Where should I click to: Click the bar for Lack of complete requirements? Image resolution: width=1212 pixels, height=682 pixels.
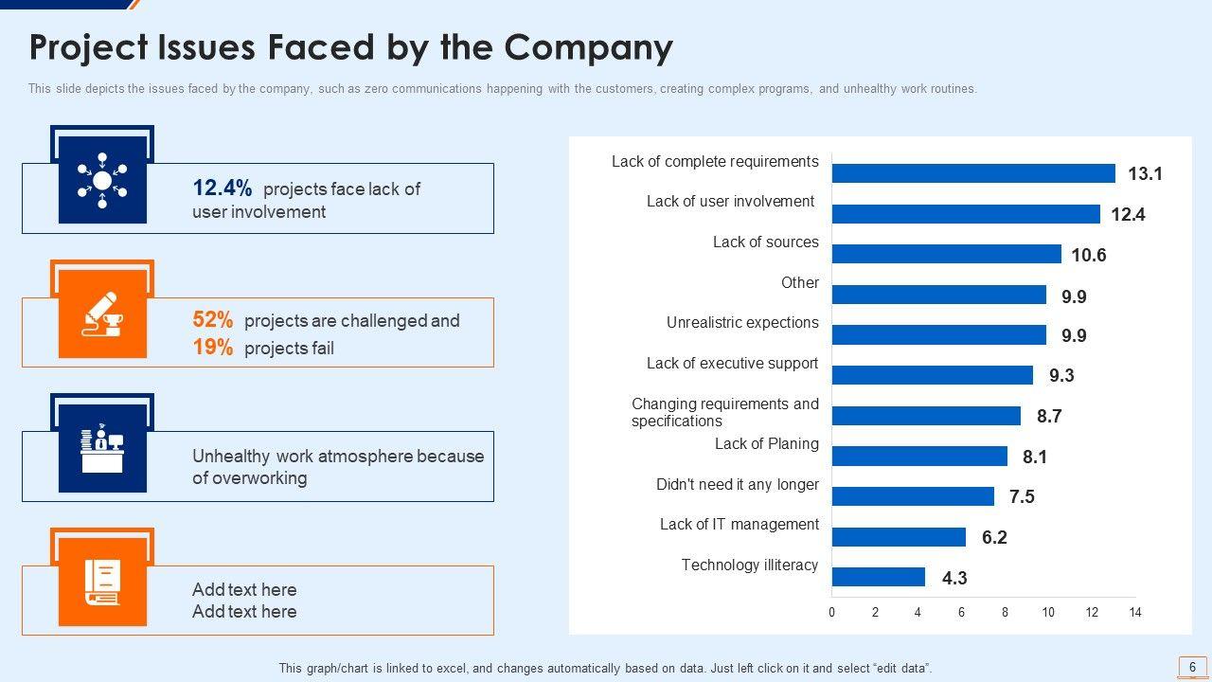click(973, 173)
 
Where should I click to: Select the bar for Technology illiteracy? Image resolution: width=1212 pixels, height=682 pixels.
click(878, 577)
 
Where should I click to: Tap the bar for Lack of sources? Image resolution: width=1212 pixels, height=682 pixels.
click(946, 254)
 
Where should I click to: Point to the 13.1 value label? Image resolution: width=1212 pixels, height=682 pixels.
click(1145, 173)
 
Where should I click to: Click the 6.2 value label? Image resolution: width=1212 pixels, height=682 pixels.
click(994, 537)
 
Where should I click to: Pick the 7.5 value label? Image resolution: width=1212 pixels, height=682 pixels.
click(1022, 496)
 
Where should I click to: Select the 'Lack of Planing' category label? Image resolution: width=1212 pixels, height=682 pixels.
click(766, 443)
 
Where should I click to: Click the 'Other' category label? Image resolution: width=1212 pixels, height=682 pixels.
click(799, 282)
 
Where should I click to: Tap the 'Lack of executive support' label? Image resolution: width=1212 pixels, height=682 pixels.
click(732, 363)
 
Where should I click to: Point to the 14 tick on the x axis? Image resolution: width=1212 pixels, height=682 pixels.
click(1135, 613)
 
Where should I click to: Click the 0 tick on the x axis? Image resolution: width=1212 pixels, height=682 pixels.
click(832, 613)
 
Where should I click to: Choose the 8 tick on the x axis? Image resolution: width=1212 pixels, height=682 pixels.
click(1006, 613)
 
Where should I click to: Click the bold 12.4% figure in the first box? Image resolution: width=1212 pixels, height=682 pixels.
click(222, 188)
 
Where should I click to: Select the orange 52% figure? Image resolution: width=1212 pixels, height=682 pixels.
click(213, 320)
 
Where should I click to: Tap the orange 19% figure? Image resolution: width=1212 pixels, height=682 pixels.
click(213, 348)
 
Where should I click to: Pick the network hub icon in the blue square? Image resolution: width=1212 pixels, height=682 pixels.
click(102, 180)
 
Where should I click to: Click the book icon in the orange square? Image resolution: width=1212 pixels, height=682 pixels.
click(102, 582)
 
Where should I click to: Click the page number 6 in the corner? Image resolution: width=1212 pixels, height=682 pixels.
click(1192, 666)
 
